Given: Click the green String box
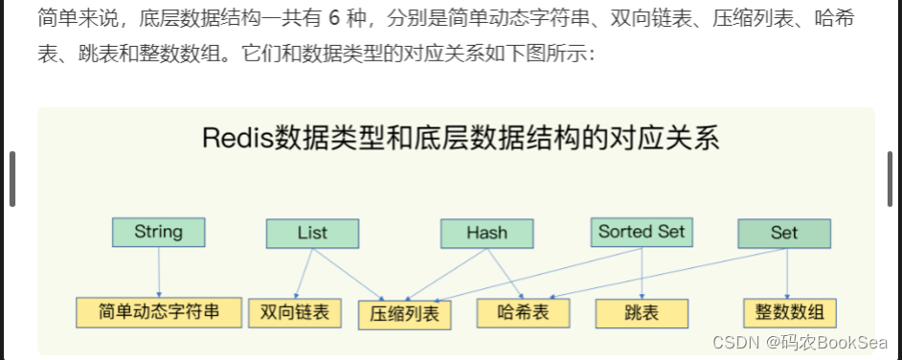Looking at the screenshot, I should (x=159, y=232).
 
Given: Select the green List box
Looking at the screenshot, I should (x=312, y=233).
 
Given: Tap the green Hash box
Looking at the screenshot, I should (x=486, y=233).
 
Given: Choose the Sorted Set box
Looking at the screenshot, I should (x=642, y=232).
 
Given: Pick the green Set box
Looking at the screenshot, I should (x=784, y=233).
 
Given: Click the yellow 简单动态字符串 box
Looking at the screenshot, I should (x=159, y=311).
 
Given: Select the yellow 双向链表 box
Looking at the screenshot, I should (x=294, y=312).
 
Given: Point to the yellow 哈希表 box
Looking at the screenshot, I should (x=523, y=312).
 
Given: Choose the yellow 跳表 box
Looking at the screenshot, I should (x=641, y=313).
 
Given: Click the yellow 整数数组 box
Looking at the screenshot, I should (x=790, y=312).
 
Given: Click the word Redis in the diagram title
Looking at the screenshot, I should (x=237, y=138).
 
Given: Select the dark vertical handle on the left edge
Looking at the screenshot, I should (x=11, y=178).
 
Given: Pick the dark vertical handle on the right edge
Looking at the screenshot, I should (x=891, y=178).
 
